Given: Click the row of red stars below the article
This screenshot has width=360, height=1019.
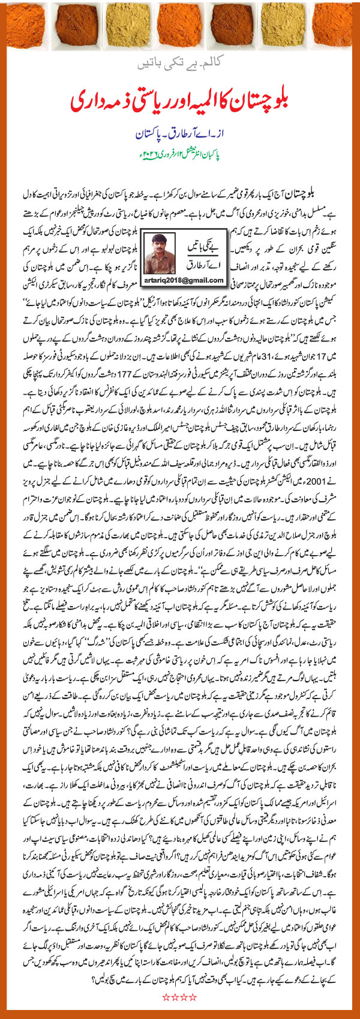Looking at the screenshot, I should tap(179, 997).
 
